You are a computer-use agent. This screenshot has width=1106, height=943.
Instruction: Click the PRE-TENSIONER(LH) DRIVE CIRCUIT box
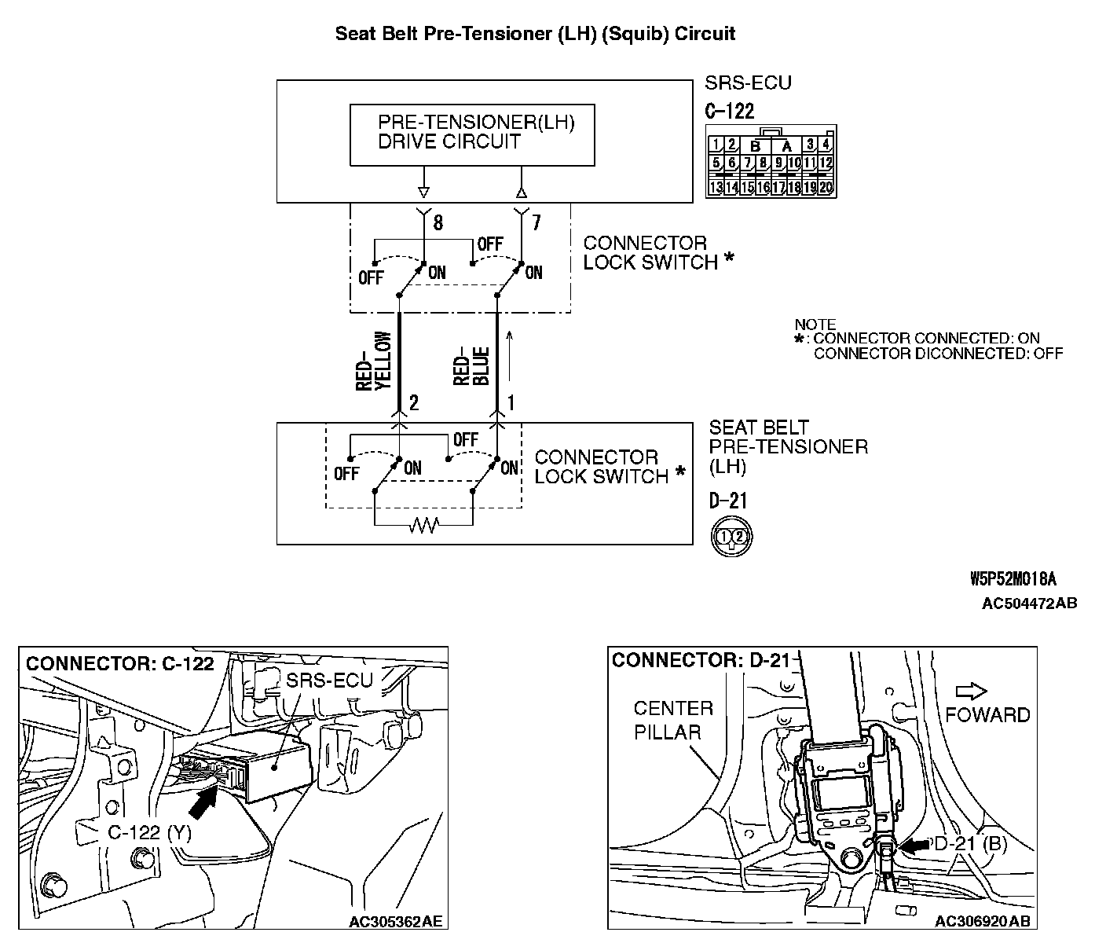(x=471, y=134)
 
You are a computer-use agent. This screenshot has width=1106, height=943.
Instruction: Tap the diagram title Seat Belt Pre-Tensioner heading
(x=535, y=34)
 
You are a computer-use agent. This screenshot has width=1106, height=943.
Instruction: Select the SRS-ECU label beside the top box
(x=747, y=83)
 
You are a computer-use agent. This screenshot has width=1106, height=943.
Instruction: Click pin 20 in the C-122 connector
(x=825, y=187)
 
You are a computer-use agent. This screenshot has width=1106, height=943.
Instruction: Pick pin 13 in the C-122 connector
(x=716, y=187)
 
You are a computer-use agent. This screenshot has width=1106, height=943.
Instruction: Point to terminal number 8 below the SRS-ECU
(x=438, y=223)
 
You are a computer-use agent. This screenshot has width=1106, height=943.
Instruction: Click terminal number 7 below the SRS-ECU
(x=536, y=223)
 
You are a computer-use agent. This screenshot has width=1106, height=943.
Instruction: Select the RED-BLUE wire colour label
(x=472, y=365)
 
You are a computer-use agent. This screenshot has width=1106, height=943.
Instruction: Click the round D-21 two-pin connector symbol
(x=731, y=537)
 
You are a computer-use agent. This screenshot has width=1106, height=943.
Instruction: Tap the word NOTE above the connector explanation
(x=815, y=325)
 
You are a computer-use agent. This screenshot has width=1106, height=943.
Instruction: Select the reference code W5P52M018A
(x=1013, y=580)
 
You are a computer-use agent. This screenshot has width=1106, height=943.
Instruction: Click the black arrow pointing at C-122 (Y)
(x=203, y=803)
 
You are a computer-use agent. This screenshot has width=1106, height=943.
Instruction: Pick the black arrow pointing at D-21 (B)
(x=913, y=846)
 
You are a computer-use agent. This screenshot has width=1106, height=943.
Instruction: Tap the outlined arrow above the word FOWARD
(x=972, y=692)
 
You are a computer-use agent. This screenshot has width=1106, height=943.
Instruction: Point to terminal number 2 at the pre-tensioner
(x=414, y=403)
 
